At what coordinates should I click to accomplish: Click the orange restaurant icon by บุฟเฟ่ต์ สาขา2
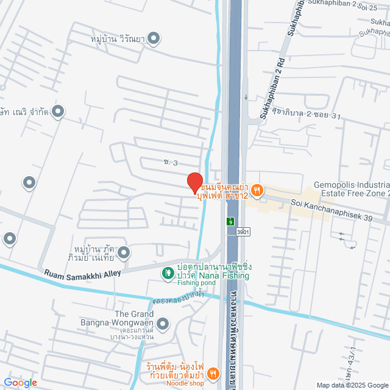coord(257,191)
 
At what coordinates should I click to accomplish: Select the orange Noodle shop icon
coord(213,372)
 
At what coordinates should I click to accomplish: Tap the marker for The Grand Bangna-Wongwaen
coord(163,323)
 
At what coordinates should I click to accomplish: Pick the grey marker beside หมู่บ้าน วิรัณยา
coord(154,39)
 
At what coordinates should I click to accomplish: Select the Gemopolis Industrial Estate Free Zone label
coord(352,189)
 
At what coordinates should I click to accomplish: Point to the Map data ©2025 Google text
coord(352,385)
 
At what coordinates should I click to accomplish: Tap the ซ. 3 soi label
coord(171,162)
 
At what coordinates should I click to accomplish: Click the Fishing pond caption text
coord(196,283)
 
